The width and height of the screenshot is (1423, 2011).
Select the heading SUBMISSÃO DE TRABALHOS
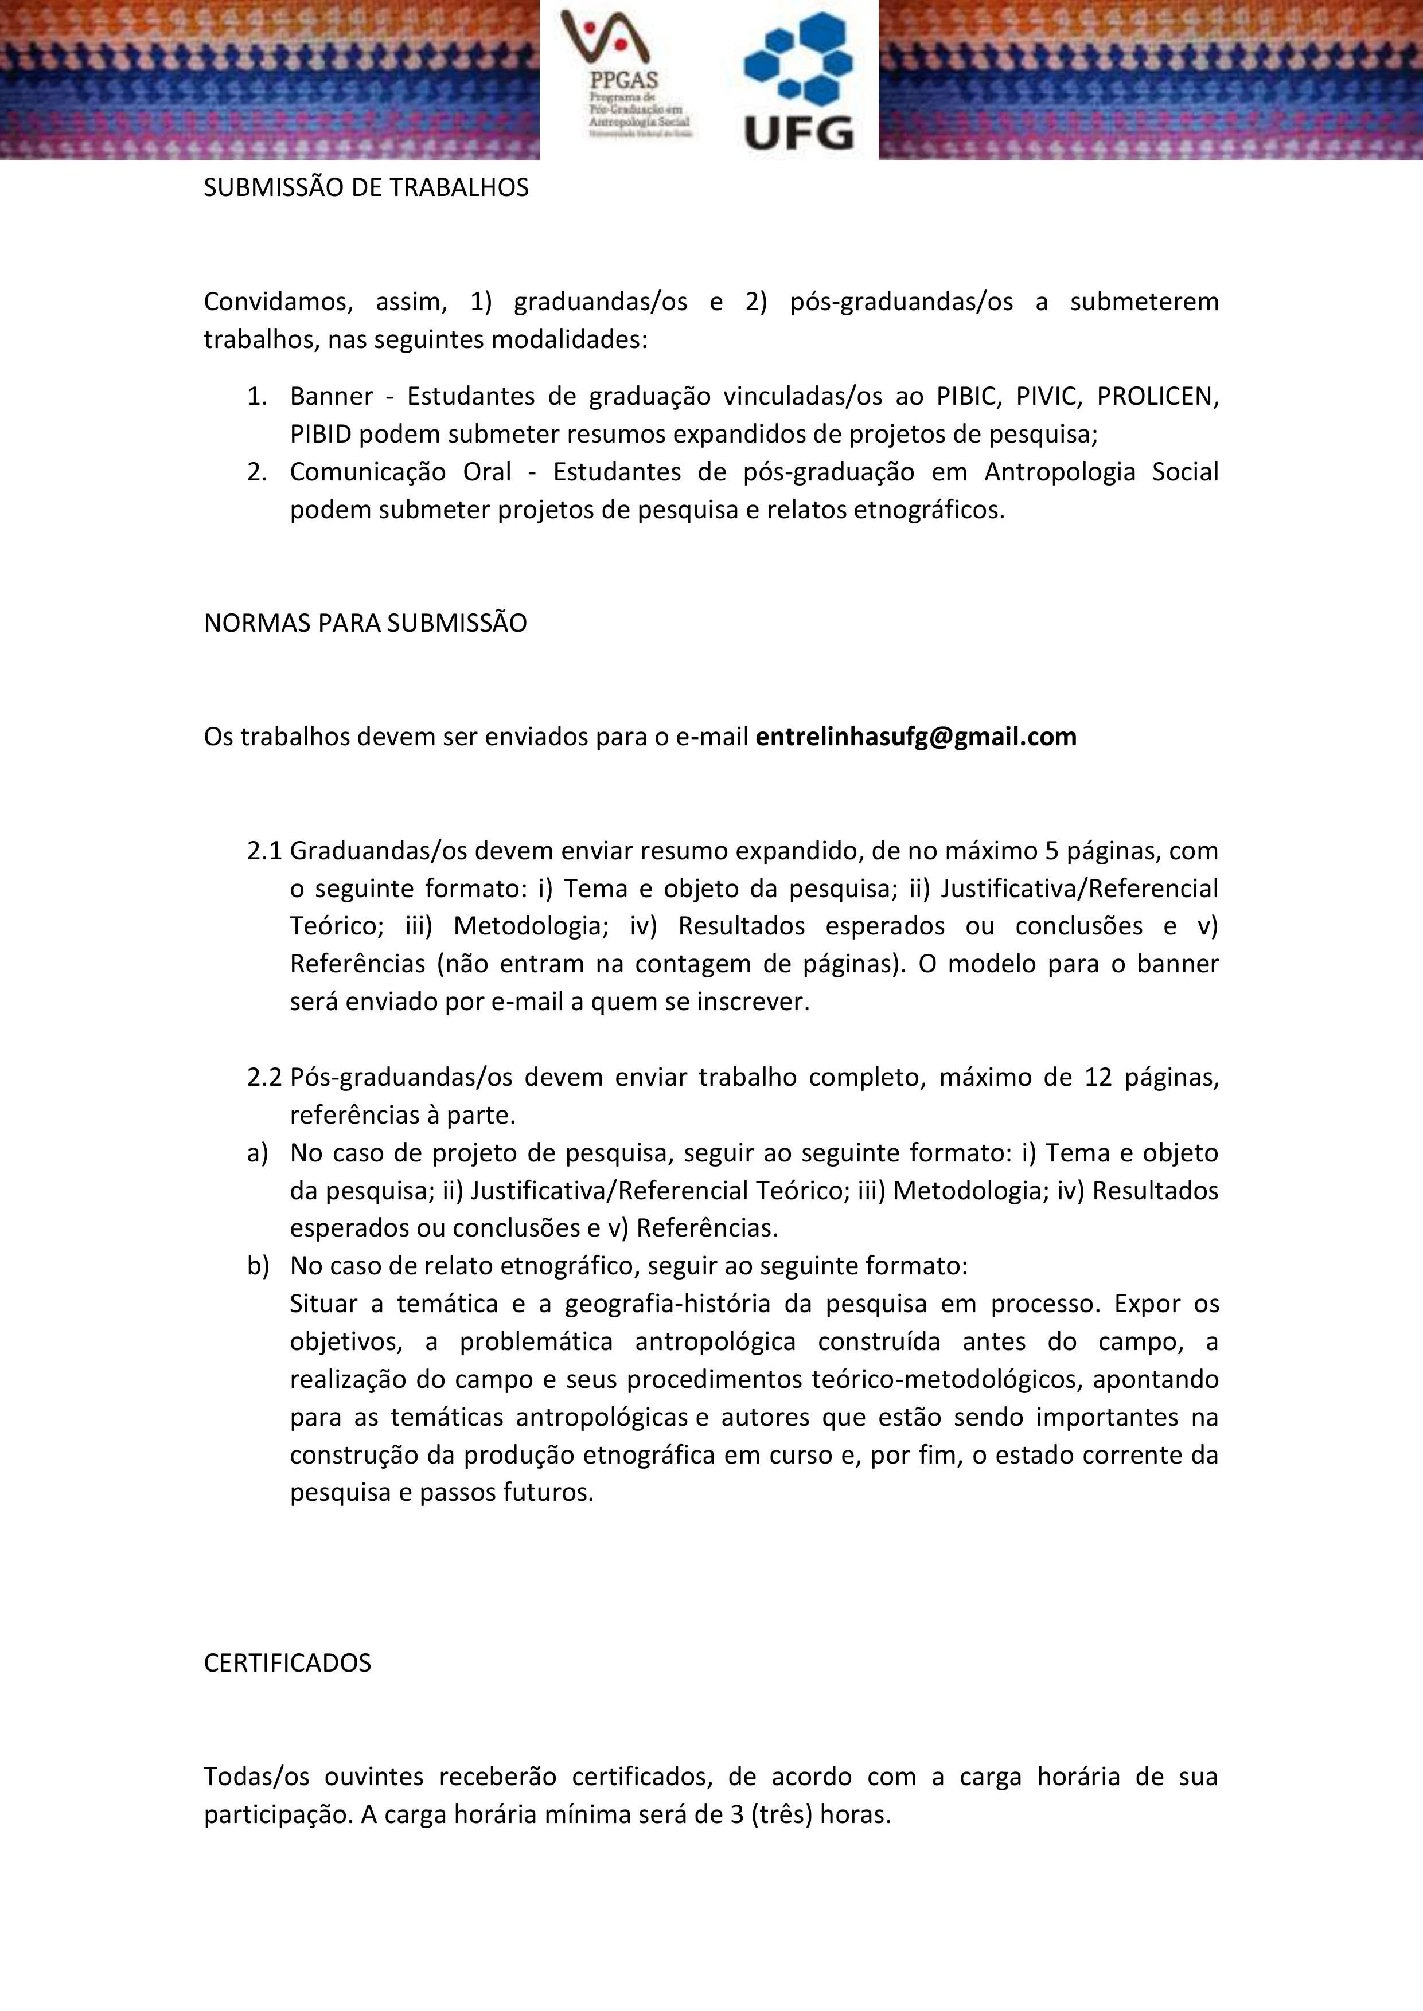tap(367, 188)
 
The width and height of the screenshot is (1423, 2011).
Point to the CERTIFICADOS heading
tap(287, 1662)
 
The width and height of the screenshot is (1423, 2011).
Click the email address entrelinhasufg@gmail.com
tap(915, 737)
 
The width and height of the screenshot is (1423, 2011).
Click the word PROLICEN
tap(1157, 397)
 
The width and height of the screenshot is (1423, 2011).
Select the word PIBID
tap(322, 435)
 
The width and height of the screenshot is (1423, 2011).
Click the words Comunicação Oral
tap(400, 472)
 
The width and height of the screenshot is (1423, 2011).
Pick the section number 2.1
tap(264, 851)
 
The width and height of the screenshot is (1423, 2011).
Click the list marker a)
tap(257, 1153)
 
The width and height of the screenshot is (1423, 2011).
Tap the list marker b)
tap(257, 1266)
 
